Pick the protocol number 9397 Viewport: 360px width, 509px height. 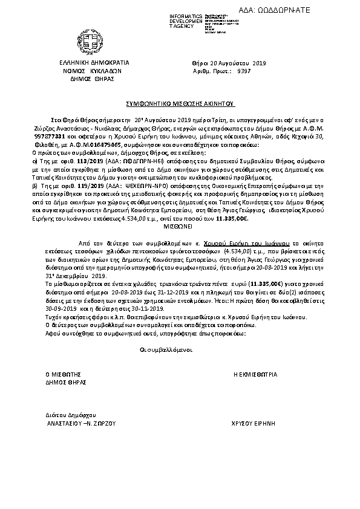[244, 70]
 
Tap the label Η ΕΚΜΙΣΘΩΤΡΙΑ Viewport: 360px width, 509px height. [255, 375]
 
